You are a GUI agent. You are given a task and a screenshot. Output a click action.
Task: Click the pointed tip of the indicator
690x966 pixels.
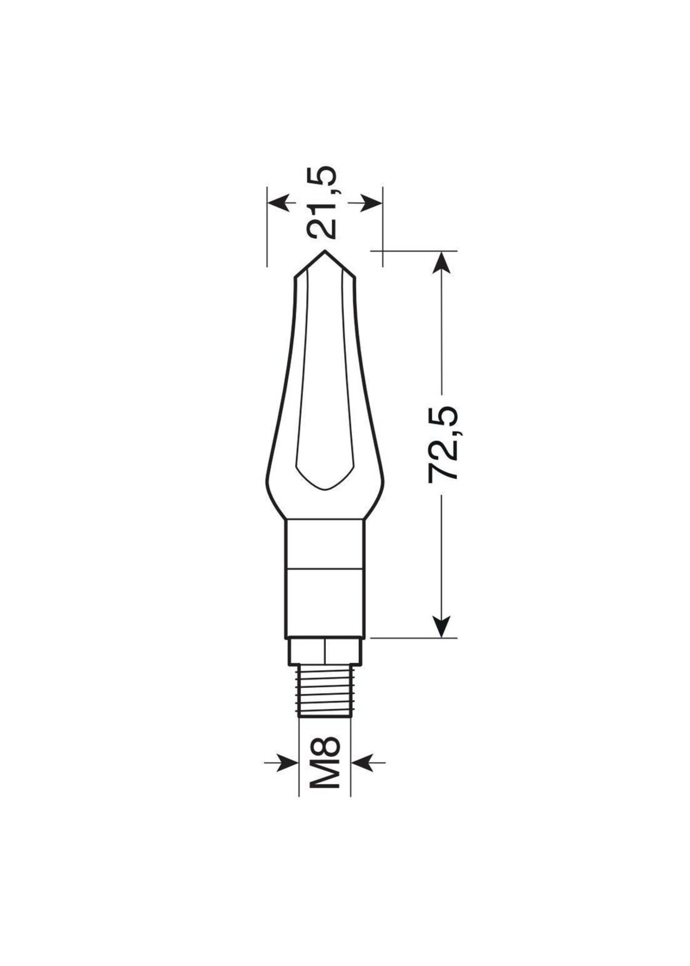pos(325,251)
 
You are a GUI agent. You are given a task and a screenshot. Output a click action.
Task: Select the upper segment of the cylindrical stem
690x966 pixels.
pos(325,544)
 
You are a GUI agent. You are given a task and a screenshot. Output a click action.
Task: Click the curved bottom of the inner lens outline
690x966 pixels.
pos(325,489)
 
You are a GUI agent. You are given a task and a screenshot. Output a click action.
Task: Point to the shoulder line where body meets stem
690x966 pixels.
pos(325,519)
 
